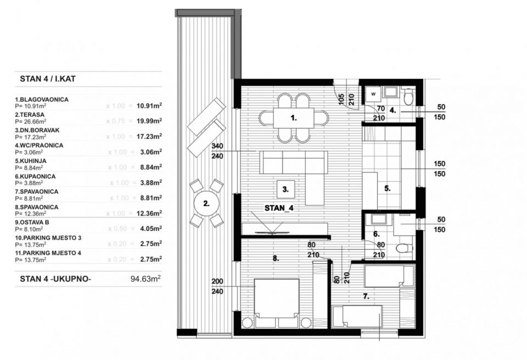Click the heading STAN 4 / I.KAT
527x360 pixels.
pyautogui.click(x=48, y=79)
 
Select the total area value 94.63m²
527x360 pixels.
pyautogui.click(x=144, y=279)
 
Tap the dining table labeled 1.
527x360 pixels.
pyautogui.click(x=294, y=117)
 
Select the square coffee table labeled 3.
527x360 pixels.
pyautogui.click(x=286, y=189)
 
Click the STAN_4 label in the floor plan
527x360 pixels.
pyautogui.click(x=279, y=208)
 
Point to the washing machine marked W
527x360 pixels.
pyautogui.click(x=373, y=94)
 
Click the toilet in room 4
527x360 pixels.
pyautogui.click(x=407, y=98)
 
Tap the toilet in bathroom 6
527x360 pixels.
pyautogui.click(x=405, y=249)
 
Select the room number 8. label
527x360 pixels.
pyautogui.click(x=276, y=256)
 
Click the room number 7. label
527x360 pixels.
pyautogui.click(x=366, y=296)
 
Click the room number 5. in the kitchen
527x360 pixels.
pyautogui.click(x=387, y=188)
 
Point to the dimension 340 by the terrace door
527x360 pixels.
pyautogui.click(x=216, y=146)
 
